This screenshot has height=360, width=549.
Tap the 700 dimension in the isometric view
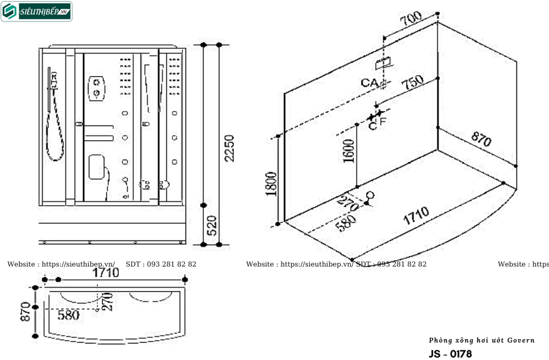[411, 20]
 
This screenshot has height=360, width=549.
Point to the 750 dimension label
[412, 82]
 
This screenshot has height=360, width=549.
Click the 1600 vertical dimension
[348, 151]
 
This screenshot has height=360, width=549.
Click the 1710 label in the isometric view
[416, 215]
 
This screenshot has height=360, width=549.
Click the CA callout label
[368, 82]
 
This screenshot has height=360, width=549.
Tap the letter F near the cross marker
[383, 121]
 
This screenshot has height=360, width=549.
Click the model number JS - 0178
[450, 354]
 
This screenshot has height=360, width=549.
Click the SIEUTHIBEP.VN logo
[36, 11]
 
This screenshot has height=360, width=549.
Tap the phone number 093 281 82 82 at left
[170, 264]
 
